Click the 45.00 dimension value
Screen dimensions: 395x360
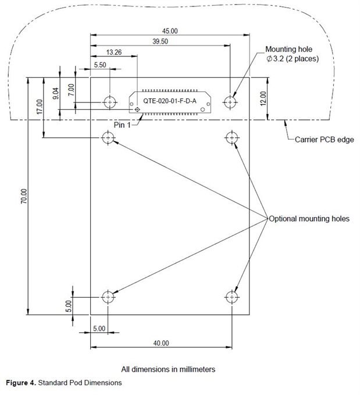170,31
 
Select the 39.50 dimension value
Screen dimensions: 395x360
160,41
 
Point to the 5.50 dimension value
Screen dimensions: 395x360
99,66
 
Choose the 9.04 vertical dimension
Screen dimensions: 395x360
56,93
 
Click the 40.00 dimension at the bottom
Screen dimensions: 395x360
161,343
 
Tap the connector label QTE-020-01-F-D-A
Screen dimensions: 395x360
170,101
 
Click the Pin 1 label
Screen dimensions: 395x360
123,124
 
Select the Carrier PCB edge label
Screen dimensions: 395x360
324,140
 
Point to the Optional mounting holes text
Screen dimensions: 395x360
308,219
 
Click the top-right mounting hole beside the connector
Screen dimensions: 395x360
232,102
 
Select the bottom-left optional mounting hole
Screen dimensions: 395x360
107,297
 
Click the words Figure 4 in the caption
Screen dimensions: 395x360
22,383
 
